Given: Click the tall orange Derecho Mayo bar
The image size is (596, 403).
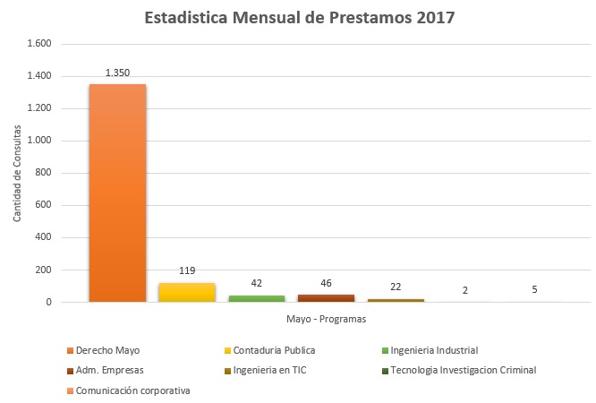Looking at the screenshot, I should click(117, 193).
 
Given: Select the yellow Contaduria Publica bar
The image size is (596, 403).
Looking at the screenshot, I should click(187, 293).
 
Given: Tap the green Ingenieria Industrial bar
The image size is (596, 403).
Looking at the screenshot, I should click(257, 298).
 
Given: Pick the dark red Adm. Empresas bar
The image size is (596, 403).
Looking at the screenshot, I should click(327, 298).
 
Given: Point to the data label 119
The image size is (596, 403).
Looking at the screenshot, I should click(187, 270).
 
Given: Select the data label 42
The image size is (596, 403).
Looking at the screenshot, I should click(257, 283).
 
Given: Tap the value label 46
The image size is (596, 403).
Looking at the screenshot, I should click(327, 283).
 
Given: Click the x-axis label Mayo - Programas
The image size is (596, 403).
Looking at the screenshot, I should click(327, 318).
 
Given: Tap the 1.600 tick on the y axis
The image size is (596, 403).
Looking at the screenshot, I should click(40, 44).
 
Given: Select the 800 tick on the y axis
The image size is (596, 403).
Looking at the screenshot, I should click(44, 173).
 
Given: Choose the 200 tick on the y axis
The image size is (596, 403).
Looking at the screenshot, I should click(44, 270).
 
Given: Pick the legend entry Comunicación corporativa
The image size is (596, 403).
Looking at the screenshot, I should click(132, 390).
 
